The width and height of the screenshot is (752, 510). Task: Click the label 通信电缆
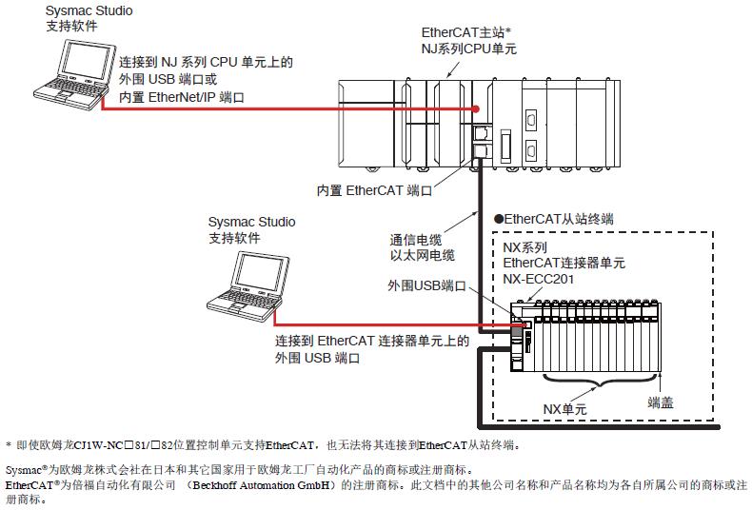pyautogui.click(x=417, y=240)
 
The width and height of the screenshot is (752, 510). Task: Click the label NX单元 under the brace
pyautogui.click(x=566, y=409)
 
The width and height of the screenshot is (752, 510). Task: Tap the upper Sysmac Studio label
pyautogui.click(x=89, y=11)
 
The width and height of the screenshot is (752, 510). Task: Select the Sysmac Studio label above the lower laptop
pyautogui.click(x=251, y=222)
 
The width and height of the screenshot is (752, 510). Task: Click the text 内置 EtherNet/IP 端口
pyautogui.click(x=182, y=97)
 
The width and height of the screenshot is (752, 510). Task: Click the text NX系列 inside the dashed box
pyautogui.click(x=524, y=247)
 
